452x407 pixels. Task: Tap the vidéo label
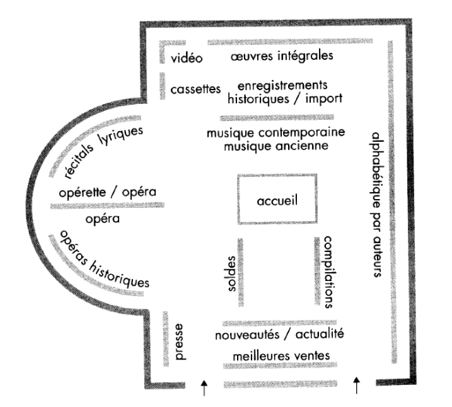point(186,59)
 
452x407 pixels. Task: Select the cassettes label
point(195,90)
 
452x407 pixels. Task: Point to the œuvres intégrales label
point(282,54)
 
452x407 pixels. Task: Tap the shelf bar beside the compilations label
point(318,273)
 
